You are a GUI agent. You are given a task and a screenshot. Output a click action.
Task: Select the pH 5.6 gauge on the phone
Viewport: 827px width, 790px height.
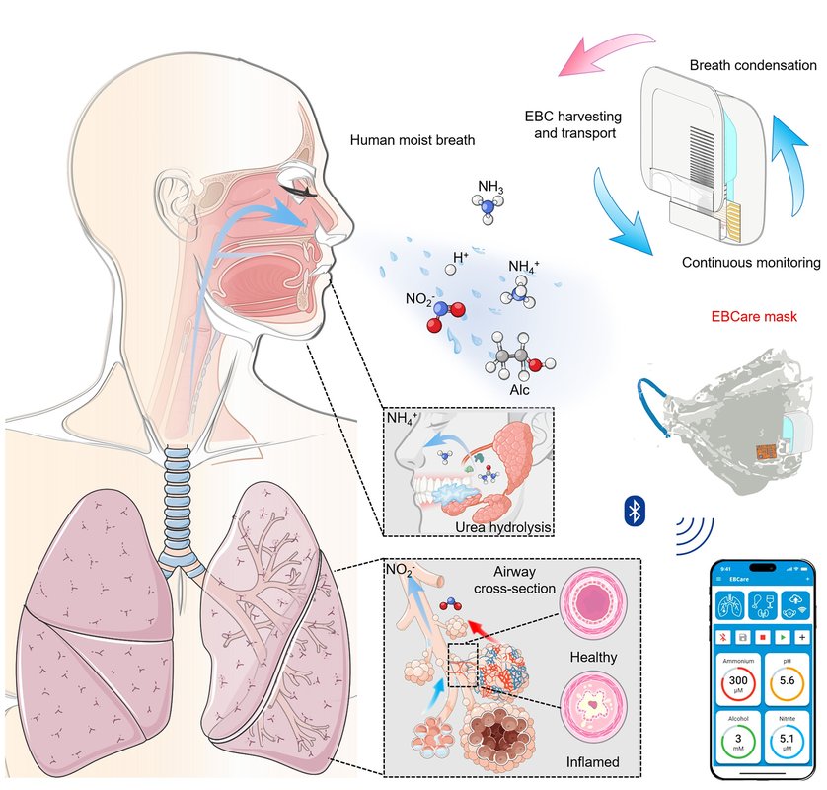pos(787,680)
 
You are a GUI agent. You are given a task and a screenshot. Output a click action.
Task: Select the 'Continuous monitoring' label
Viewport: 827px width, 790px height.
pos(750,263)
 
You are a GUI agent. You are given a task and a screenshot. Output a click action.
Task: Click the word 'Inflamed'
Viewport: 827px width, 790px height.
pos(594,762)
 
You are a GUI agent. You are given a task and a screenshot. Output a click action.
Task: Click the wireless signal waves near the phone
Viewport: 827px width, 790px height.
pos(695,534)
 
